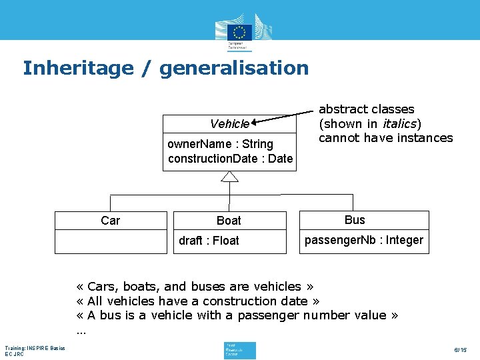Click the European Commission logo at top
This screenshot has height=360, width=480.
click(240, 32)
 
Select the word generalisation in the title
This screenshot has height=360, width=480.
click(234, 68)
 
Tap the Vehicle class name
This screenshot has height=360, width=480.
click(229, 124)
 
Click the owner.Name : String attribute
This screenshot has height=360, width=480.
click(220, 144)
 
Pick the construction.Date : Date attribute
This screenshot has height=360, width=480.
click(230, 159)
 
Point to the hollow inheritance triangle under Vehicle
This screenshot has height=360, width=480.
click(229, 177)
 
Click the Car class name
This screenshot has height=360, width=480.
click(111, 221)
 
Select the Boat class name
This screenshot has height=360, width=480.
click(229, 221)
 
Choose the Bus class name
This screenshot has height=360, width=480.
click(355, 220)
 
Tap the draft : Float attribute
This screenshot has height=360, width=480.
click(209, 241)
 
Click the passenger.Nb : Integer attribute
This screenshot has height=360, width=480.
click(363, 240)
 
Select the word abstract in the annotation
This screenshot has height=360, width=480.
click(341, 109)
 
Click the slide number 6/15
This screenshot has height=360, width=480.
click(460, 350)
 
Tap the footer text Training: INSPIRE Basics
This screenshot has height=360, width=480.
click(35, 348)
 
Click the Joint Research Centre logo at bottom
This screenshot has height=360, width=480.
click(240, 350)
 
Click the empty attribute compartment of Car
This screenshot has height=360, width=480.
click(111, 241)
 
